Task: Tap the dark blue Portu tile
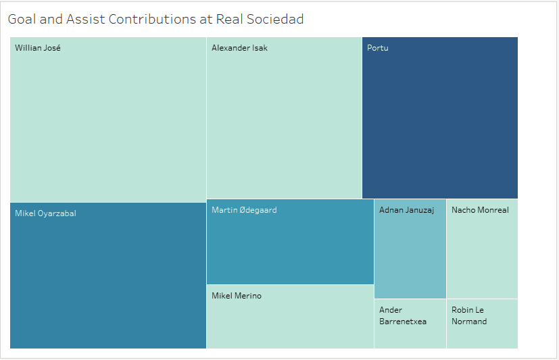coord(440,122)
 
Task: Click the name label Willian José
coord(38,48)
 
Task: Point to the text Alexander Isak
coord(239,48)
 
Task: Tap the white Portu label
coord(378,48)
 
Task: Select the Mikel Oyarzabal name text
coord(45,213)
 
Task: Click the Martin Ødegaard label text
coord(244,210)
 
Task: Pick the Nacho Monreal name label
coord(480,210)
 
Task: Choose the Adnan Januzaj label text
coord(406,210)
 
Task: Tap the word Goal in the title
coord(22,19)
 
